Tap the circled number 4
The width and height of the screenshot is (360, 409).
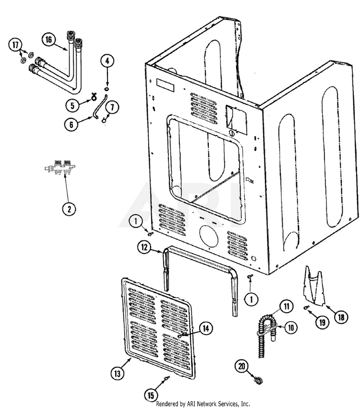107,61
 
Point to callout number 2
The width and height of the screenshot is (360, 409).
69,209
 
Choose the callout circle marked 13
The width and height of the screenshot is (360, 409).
118,372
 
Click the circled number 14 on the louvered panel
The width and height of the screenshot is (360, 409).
205,328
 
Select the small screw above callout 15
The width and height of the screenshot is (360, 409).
166,380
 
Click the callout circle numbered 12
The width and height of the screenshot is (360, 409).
144,248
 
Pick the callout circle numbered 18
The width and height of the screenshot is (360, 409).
341,317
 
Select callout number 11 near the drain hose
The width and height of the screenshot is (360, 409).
286,305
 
